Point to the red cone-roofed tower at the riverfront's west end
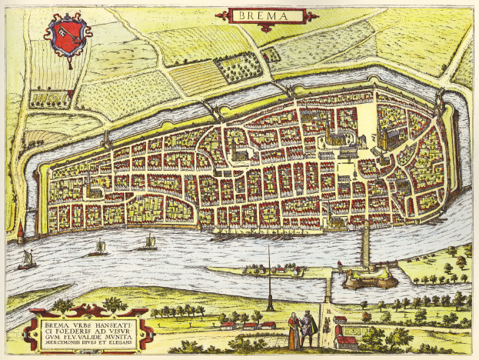[19, 233]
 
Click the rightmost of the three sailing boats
[146, 244]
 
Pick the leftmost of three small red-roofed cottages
[227, 325]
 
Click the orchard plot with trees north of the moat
[238, 68]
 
